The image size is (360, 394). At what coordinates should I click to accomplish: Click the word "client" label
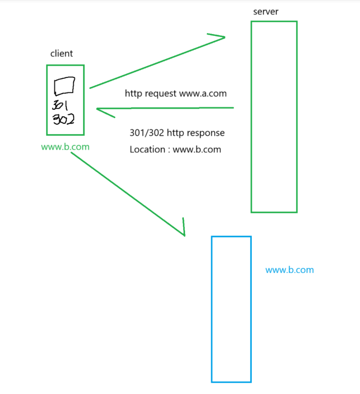tap(62, 54)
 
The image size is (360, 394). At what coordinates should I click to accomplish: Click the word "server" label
tap(266, 11)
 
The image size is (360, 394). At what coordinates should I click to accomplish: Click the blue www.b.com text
tap(289, 270)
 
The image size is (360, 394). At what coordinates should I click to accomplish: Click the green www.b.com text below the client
tap(65, 147)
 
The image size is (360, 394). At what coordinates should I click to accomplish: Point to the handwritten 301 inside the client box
tap(61, 104)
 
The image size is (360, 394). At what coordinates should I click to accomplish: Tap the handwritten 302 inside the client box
tap(63, 120)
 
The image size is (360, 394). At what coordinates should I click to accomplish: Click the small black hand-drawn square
tap(65, 86)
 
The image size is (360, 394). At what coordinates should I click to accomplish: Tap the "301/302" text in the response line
tap(147, 133)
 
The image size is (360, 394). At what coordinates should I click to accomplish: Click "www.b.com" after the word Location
tap(197, 149)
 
